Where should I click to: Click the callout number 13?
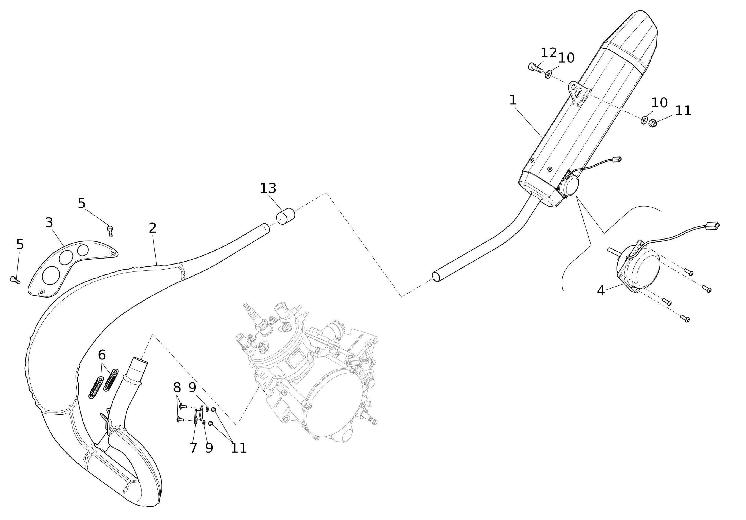pos(268,189)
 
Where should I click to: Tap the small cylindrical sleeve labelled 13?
pos(285,217)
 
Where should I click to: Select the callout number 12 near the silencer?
pos(549,53)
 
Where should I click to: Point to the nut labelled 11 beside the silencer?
pos(652,123)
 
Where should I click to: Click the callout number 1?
pos(513,100)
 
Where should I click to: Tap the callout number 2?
pos(152,228)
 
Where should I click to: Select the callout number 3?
pos(49,223)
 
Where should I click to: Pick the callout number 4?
pos(601,290)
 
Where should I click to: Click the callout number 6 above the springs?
pos(102,355)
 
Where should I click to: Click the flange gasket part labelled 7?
pos(198,415)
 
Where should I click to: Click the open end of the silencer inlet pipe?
pos(436,277)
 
